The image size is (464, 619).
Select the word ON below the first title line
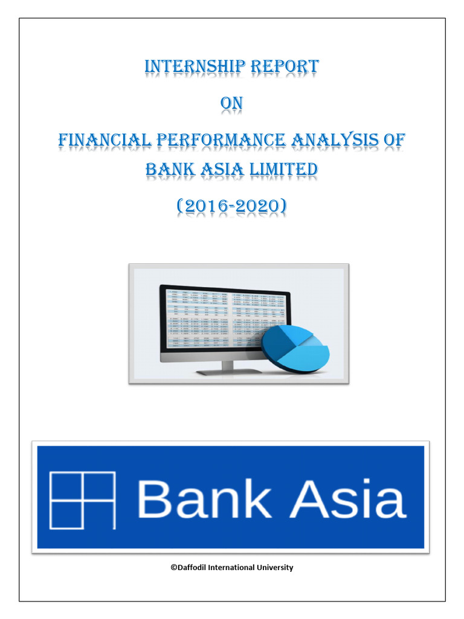231,104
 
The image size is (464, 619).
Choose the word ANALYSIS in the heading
337,140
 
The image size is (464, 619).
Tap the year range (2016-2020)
231,207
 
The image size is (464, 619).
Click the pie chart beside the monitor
295,347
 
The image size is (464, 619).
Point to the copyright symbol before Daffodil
173,568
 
